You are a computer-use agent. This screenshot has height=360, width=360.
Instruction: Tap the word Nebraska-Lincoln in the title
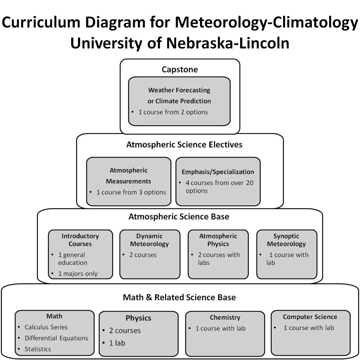[228, 43]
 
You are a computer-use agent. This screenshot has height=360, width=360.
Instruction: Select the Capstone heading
[180, 70]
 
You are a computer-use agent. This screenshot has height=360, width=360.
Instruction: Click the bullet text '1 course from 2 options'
[173, 112]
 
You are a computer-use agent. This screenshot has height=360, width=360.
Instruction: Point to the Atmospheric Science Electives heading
[184, 145]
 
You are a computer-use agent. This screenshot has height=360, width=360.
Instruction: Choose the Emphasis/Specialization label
[218, 172]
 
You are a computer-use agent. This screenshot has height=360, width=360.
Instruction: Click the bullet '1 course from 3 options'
[131, 192]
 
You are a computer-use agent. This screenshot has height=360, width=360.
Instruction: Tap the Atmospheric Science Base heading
[179, 216]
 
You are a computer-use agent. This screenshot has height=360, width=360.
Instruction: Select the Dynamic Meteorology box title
[150, 240]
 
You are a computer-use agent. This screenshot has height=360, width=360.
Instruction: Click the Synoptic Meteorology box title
[286, 240]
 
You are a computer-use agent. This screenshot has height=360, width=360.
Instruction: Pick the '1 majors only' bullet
[78, 274]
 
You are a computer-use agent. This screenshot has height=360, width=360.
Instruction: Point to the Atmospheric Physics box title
[218, 240]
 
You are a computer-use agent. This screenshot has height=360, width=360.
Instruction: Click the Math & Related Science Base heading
[179, 298]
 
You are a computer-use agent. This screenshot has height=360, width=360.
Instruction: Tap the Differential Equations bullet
[57, 338]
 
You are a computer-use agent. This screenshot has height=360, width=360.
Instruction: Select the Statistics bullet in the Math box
[38, 349]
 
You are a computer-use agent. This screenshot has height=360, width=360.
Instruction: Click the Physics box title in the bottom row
[138, 318]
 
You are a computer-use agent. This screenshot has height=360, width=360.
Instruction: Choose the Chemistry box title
[225, 318]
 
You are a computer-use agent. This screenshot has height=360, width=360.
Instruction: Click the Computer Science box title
[310, 317]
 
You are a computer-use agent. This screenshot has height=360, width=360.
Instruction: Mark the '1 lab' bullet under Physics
[117, 343]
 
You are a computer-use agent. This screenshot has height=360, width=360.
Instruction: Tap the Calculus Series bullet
[46, 327]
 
